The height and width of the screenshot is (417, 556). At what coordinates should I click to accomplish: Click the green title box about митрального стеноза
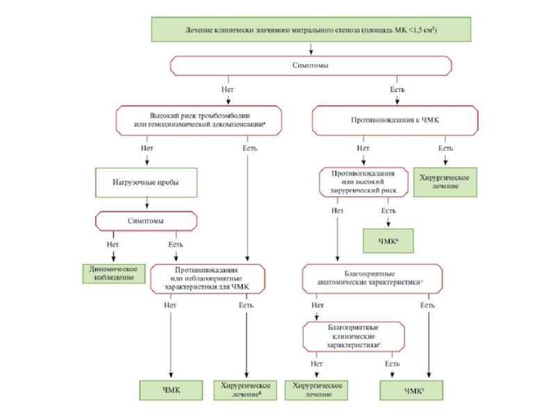pos(311,31)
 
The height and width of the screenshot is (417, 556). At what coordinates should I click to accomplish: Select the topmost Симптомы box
pos(311,65)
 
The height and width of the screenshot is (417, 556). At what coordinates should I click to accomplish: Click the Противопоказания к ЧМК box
pos(395,120)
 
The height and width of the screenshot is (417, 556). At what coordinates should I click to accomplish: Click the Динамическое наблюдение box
pos(114,273)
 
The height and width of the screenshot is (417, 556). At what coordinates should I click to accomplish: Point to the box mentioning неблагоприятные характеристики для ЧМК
pos(206,279)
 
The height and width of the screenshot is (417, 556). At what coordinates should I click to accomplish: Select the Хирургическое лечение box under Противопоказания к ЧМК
pos(445,183)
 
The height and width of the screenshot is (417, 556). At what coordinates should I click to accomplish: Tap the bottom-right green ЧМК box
pos(414,391)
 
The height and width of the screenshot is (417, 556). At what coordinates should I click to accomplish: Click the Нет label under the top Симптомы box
pos(227,90)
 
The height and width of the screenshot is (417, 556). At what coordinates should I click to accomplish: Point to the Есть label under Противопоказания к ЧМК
pos(445,148)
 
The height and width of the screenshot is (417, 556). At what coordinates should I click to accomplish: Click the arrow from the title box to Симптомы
pos(311,48)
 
